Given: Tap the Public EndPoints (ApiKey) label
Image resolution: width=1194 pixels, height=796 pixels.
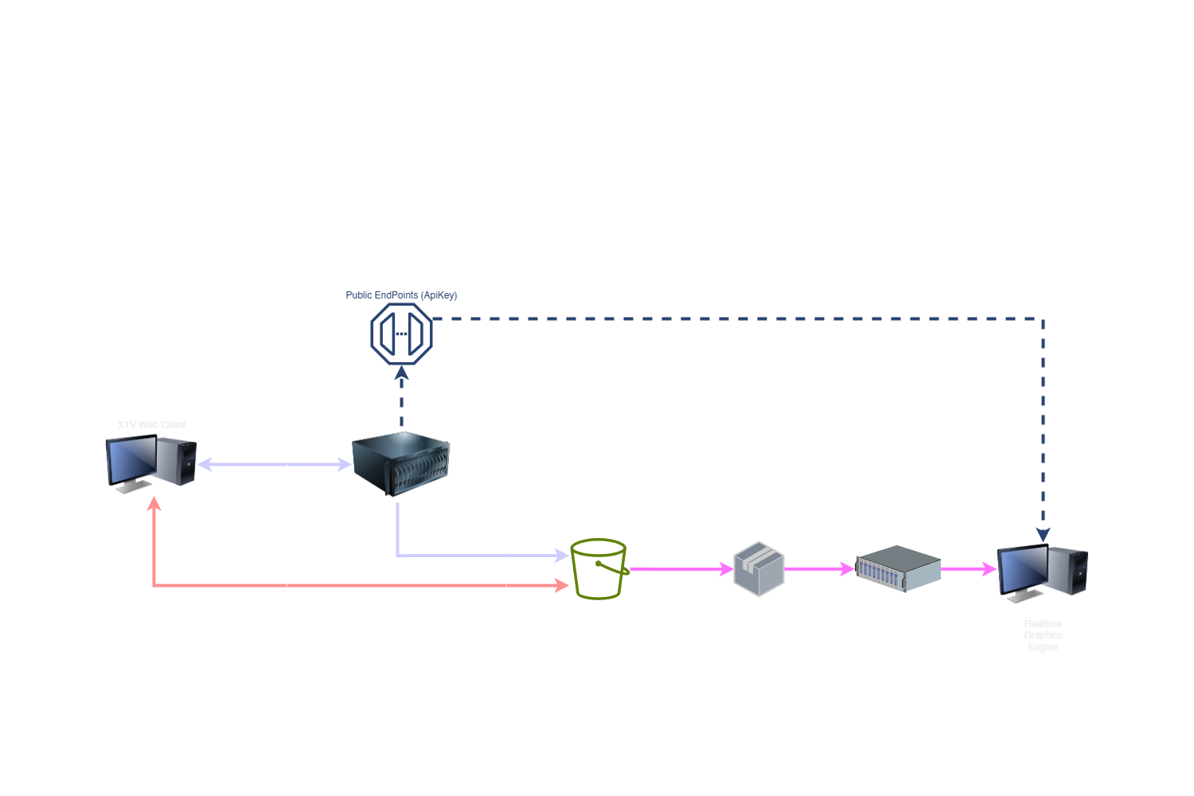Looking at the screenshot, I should tap(401, 295).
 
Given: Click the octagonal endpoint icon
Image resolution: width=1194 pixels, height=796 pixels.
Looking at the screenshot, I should tap(401, 334).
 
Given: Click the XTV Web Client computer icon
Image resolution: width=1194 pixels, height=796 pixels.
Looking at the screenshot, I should tap(151, 463).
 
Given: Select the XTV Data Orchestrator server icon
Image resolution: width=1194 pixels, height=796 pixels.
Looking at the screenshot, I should tap(401, 463).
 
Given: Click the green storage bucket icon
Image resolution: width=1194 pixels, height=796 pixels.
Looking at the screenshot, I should tap(599, 568).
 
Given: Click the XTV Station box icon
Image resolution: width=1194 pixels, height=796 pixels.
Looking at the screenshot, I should tap(759, 568).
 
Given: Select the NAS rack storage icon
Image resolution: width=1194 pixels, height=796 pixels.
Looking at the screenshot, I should tap(898, 568).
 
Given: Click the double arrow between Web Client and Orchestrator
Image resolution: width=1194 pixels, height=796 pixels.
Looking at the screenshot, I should tap(275, 464).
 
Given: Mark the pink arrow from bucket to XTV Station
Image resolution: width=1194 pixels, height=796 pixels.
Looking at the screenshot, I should tap(681, 569).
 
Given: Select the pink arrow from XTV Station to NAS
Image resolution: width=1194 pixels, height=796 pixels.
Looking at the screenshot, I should tap(820, 569).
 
